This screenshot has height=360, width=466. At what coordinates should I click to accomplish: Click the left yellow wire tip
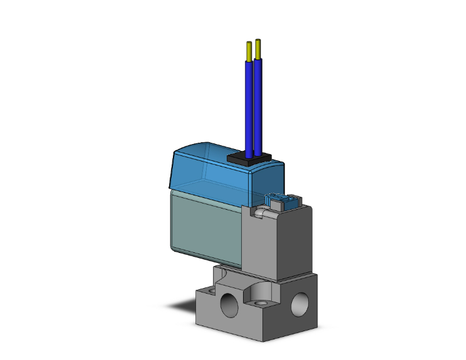249,51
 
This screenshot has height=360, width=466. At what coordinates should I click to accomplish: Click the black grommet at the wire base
249,159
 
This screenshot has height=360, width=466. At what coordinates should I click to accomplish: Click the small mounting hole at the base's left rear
221,269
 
